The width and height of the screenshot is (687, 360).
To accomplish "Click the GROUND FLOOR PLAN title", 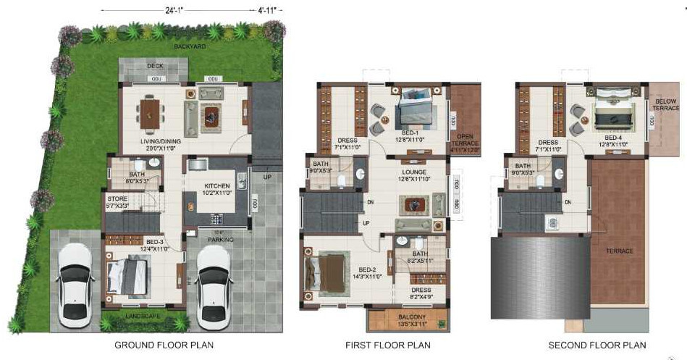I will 164,346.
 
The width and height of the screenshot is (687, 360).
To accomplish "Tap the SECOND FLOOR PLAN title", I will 597,346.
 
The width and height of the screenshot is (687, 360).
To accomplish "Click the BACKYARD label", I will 190,46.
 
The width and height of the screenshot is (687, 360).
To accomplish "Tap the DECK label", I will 155,66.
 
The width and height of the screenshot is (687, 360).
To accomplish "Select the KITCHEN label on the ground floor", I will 218,188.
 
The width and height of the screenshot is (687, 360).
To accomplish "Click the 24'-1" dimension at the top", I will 174,11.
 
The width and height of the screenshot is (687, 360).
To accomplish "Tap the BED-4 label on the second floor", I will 613,138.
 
